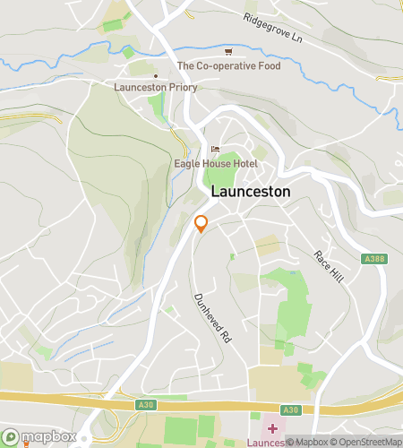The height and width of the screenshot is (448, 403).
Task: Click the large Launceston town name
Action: coord(251,192)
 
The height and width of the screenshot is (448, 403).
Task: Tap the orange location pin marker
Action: coord(201,224)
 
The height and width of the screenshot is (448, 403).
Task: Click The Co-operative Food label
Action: coord(228,65)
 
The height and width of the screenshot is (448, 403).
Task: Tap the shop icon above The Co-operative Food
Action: coord(228,51)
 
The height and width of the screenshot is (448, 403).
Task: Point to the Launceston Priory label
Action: coord(156,88)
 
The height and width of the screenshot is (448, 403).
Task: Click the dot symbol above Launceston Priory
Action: coord(156,75)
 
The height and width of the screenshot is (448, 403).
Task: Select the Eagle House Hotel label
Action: coord(216,164)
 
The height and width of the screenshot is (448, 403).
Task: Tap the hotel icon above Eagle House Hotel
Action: coord(214,149)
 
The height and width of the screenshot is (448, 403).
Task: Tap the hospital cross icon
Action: coord(272,428)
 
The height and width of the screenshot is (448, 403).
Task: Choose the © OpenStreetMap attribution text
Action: coord(364,442)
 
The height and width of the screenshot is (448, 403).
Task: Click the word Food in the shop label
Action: coord(267,65)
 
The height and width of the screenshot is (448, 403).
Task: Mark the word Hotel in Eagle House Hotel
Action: coord(243,164)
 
